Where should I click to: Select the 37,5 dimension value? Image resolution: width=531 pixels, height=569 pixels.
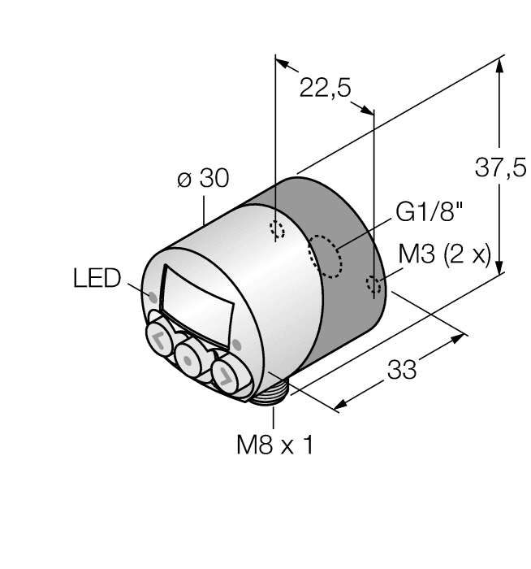click(499, 168)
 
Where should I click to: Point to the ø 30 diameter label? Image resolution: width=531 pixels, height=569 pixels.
click(203, 179)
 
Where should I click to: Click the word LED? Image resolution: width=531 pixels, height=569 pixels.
click(96, 279)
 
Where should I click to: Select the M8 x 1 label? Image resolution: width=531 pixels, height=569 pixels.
click(274, 445)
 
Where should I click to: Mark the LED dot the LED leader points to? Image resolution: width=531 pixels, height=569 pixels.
click(152, 292)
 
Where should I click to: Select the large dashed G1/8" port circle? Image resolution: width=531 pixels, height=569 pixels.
click(325, 257)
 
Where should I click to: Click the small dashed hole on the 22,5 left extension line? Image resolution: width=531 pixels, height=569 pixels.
click(277, 230)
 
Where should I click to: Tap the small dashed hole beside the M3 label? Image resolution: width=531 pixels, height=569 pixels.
click(374, 284)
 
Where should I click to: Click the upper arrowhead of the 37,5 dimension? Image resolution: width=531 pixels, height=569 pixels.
click(499, 63)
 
